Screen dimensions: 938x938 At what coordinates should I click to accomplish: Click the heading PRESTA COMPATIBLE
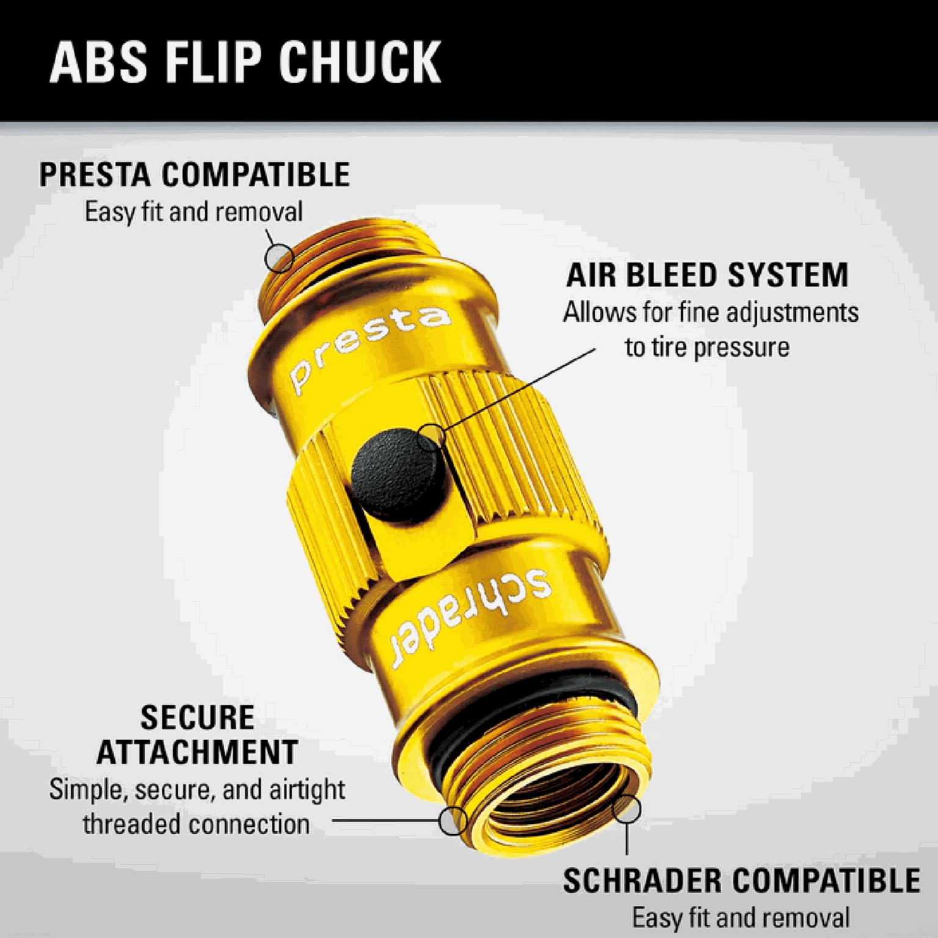tap(195, 175)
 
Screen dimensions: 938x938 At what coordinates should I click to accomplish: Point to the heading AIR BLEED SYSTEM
tap(708, 275)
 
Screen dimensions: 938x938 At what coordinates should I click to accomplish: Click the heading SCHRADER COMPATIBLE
tap(741, 881)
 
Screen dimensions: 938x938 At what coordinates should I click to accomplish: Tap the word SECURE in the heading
tap(197, 718)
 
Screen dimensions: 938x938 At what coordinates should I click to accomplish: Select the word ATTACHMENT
tap(197, 752)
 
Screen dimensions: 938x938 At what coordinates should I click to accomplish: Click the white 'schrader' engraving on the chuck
tap(470, 617)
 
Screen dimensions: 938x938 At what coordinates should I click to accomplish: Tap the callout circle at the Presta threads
tap(279, 257)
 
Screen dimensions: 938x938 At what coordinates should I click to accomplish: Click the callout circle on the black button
tap(431, 438)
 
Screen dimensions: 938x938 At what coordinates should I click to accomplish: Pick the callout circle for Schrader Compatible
tap(627, 810)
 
